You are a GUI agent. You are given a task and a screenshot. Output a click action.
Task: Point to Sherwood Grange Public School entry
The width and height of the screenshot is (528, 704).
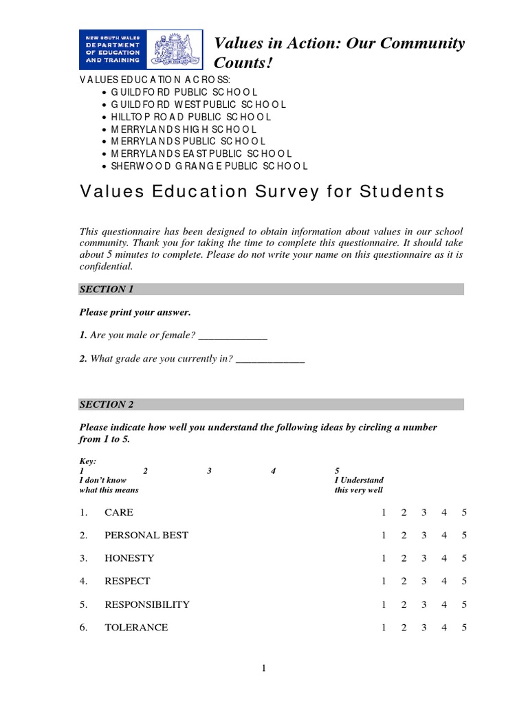tap(209, 166)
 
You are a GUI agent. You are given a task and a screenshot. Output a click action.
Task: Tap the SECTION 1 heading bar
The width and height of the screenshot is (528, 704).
tap(272, 289)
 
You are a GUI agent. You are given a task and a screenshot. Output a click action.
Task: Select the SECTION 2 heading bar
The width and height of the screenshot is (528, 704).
tap(272, 404)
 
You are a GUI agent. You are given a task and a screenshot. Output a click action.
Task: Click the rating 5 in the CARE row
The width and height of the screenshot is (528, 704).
tap(465, 513)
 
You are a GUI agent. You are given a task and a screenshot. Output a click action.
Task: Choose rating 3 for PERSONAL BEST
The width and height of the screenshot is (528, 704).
tap(424, 536)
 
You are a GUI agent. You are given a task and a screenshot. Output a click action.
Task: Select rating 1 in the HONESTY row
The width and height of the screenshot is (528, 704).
tap(384, 558)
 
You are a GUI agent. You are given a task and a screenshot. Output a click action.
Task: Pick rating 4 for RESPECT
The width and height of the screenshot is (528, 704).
tap(444, 582)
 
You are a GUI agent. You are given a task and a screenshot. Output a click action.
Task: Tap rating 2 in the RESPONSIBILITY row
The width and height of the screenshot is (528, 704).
tap(404, 605)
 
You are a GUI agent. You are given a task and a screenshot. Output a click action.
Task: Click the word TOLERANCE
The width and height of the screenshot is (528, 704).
tap(136, 628)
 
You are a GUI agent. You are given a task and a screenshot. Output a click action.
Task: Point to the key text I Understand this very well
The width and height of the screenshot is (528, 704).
tap(359, 485)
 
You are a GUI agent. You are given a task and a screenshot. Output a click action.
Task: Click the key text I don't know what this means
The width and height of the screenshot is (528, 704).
tap(109, 485)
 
